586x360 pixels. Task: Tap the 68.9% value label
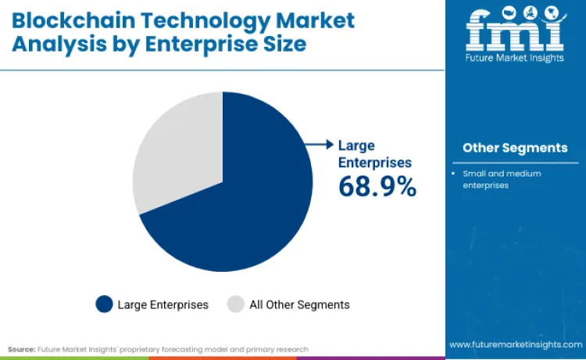click(x=377, y=186)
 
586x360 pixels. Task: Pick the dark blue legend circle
click(x=104, y=305)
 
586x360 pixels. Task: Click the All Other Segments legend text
click(x=299, y=305)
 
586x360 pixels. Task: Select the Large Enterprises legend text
click(x=163, y=305)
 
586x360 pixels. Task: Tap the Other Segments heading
click(x=515, y=148)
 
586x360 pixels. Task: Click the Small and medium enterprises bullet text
click(x=502, y=179)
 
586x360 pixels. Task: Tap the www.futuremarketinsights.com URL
click(x=515, y=344)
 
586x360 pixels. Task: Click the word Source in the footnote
click(x=22, y=349)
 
